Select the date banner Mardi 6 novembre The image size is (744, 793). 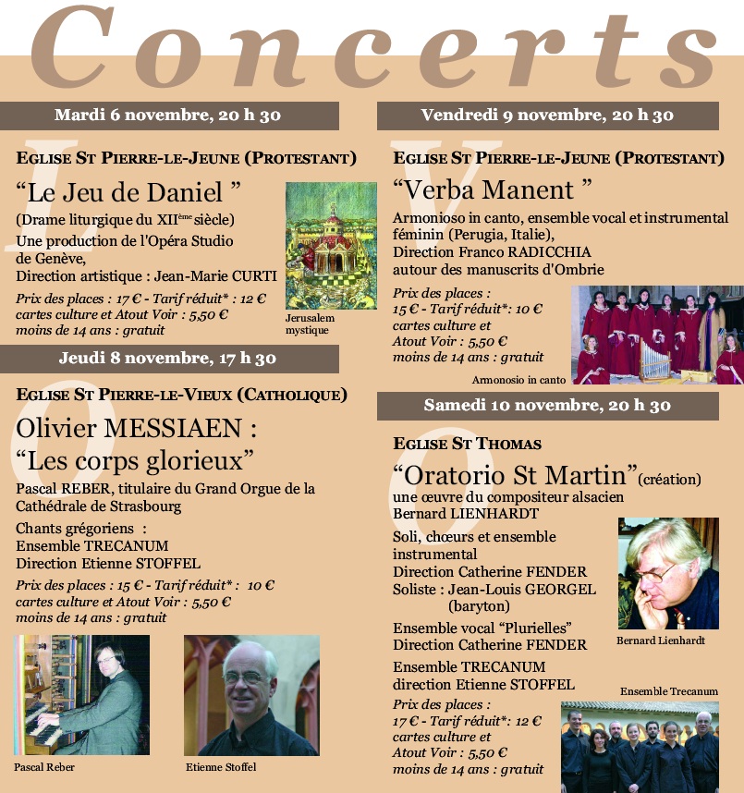168,116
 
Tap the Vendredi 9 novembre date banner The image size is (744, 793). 547,116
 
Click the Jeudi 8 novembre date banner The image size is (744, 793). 168,359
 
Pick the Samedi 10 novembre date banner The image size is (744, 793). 547,406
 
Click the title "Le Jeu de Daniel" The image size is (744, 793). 128,193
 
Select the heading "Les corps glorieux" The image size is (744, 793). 135,458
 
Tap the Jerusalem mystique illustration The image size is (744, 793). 331,246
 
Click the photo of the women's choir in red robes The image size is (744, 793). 657,335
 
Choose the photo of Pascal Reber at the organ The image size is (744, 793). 81,696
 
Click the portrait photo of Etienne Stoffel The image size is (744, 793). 251,696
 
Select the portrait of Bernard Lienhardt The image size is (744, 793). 668,573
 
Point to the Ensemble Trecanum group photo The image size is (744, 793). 640,747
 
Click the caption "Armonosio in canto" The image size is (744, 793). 518,380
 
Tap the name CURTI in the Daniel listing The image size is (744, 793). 239,275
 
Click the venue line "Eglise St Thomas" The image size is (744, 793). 467,445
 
